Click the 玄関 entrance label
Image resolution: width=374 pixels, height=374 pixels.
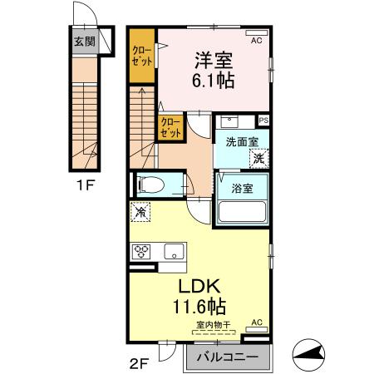tap(83, 41)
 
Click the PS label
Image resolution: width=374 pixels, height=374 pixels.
tap(263, 121)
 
